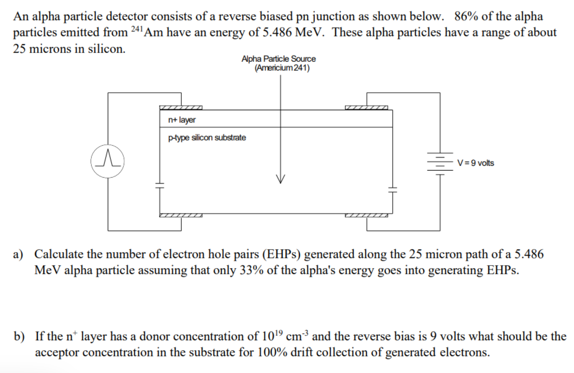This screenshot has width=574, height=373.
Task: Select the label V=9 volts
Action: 475,163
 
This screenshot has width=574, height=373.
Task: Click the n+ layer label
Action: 182,120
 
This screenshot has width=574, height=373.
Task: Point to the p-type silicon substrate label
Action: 207,138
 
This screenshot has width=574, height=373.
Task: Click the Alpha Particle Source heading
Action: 279,59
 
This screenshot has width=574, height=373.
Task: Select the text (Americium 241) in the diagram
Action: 282,68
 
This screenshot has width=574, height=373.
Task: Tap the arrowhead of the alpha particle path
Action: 280,179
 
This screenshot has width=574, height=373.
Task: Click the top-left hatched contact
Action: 181,108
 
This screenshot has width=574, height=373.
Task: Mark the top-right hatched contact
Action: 366,108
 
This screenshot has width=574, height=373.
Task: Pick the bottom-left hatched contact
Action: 181,216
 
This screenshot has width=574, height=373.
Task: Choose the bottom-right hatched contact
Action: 366,216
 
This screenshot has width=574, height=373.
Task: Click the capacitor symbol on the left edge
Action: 160,185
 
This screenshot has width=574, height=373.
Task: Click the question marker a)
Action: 18,254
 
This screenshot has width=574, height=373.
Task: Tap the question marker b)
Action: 19,336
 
